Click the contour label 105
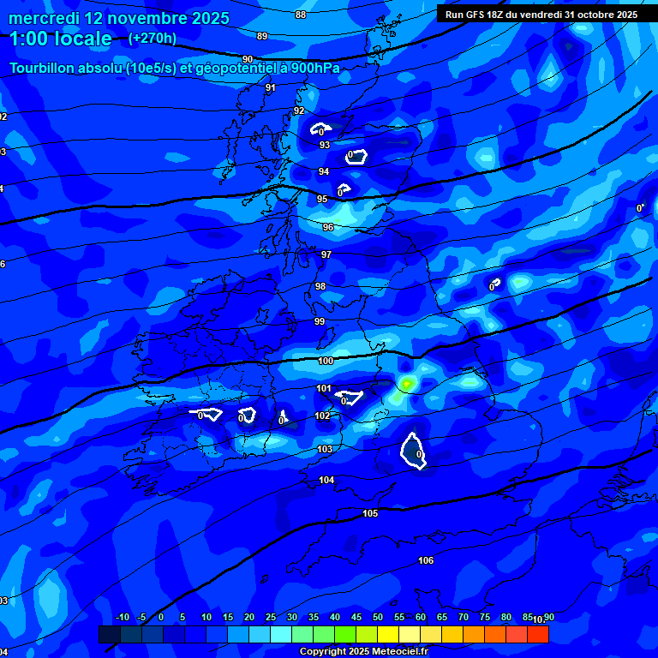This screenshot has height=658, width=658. (x=370, y=513)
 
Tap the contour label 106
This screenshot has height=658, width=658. (x=426, y=560)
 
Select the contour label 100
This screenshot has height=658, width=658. (x=326, y=361)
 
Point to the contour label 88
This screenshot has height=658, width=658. (x=300, y=15)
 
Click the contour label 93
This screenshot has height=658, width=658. (x=325, y=145)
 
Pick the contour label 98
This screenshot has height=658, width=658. (x=320, y=286)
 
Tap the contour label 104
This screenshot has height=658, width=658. (x=326, y=480)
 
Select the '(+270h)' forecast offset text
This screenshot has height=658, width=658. (x=153, y=39)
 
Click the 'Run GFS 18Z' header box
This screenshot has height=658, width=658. (x=541, y=14)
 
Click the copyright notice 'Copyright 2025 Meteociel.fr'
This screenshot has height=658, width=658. (x=364, y=651)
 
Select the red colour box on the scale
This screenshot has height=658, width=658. (x=537, y=634)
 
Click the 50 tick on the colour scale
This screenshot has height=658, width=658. (x=378, y=617)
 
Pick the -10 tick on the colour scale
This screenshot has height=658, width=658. (x=122, y=617)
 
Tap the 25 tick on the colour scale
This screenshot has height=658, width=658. (x=271, y=617)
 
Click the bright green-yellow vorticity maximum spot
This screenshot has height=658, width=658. (x=406, y=383)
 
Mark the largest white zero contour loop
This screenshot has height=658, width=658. (x=415, y=452)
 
